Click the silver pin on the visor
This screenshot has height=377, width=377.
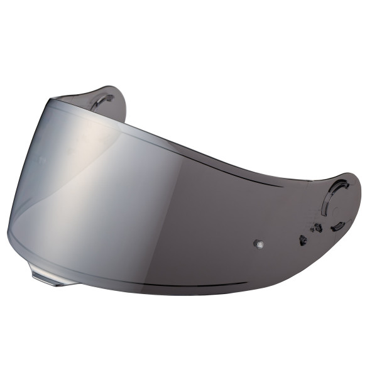258,243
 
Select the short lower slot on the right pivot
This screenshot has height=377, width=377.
338,225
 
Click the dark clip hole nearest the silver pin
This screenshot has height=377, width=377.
303,239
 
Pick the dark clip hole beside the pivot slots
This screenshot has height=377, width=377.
319,228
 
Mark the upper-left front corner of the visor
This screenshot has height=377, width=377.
53,101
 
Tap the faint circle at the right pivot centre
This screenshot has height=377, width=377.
340,200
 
